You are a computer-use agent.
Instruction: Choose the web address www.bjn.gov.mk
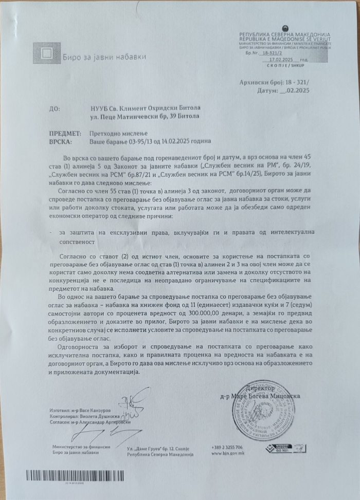point(225,455)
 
